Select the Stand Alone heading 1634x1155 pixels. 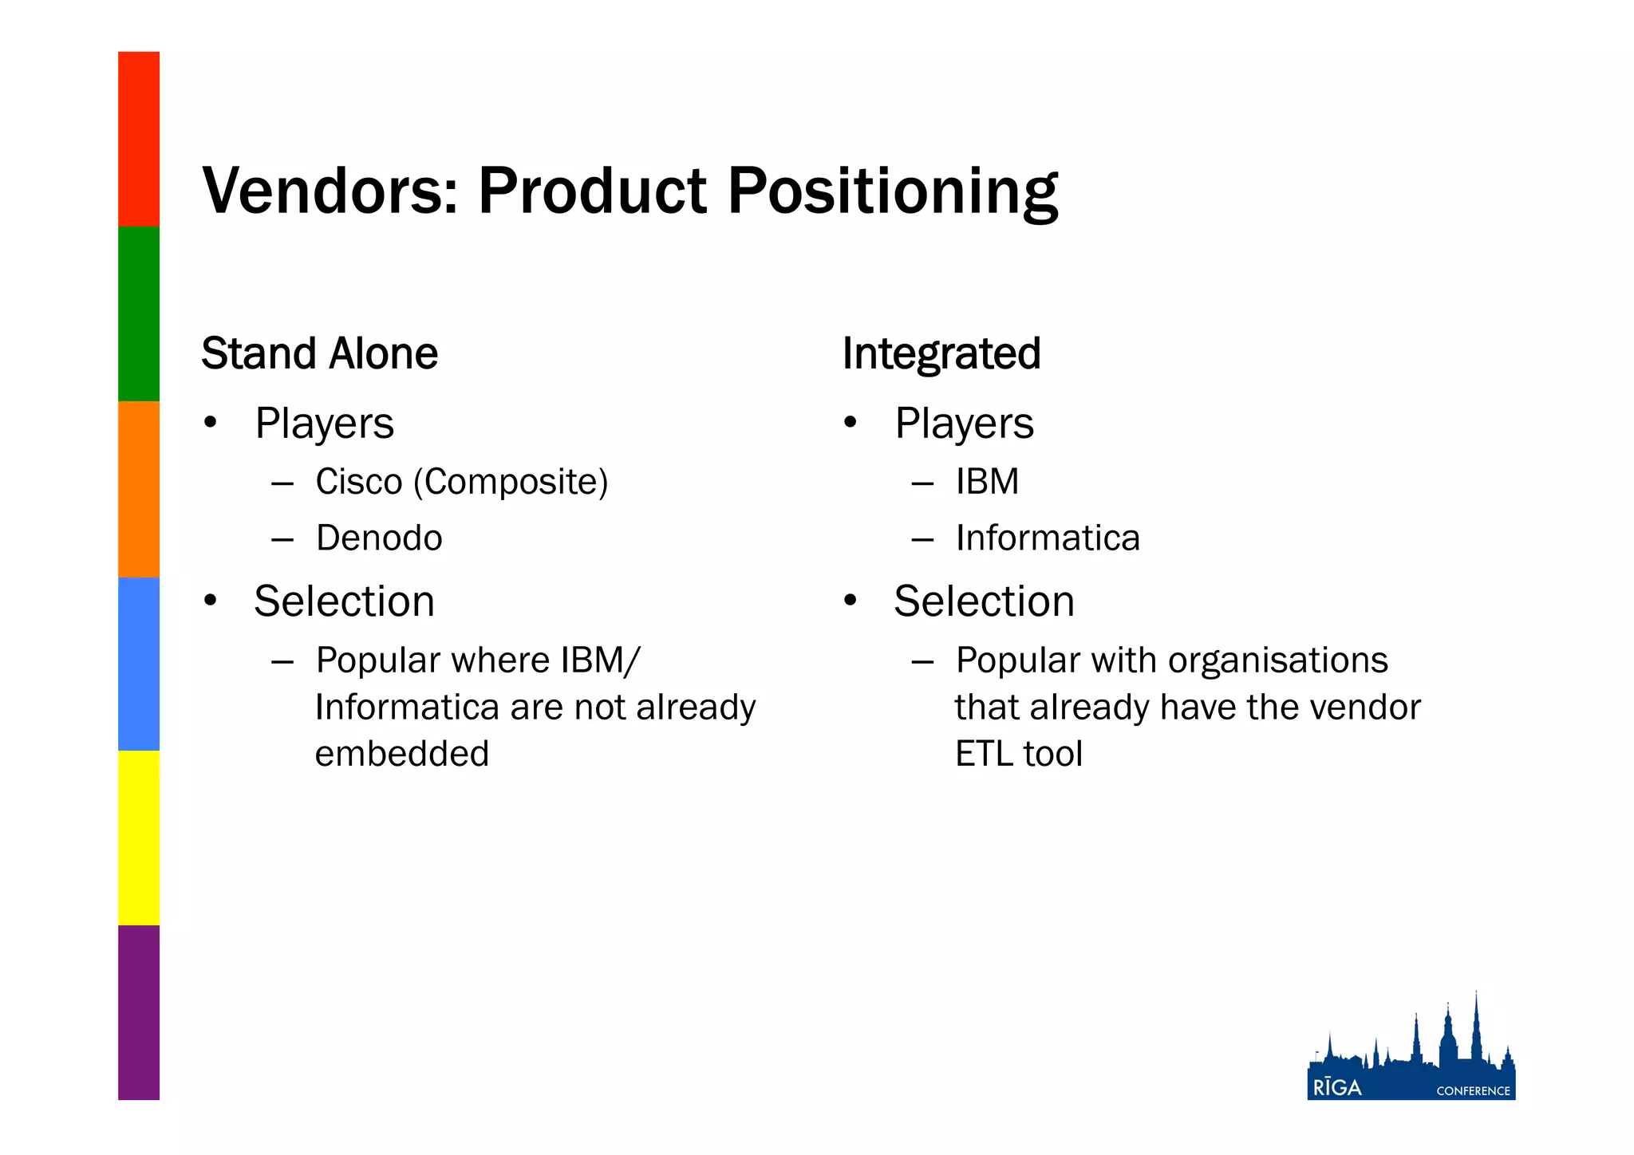319,353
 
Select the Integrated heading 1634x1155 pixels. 941,353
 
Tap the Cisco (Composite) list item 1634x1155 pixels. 461,482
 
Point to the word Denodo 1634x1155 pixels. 379,538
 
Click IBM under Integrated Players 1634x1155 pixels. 987,482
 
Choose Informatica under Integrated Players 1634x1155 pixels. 1048,538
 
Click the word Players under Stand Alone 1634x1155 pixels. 324,424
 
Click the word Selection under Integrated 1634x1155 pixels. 984,601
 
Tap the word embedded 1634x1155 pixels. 401,754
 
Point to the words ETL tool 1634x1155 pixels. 1019,754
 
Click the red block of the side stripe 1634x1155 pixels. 139,139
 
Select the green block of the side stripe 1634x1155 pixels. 139,313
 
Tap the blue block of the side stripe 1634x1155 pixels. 139,664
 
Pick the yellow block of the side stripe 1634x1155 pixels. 139,838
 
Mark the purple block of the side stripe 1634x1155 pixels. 139,1012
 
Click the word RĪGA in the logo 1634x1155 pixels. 1337,1088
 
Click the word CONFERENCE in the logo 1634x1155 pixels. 1473,1091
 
